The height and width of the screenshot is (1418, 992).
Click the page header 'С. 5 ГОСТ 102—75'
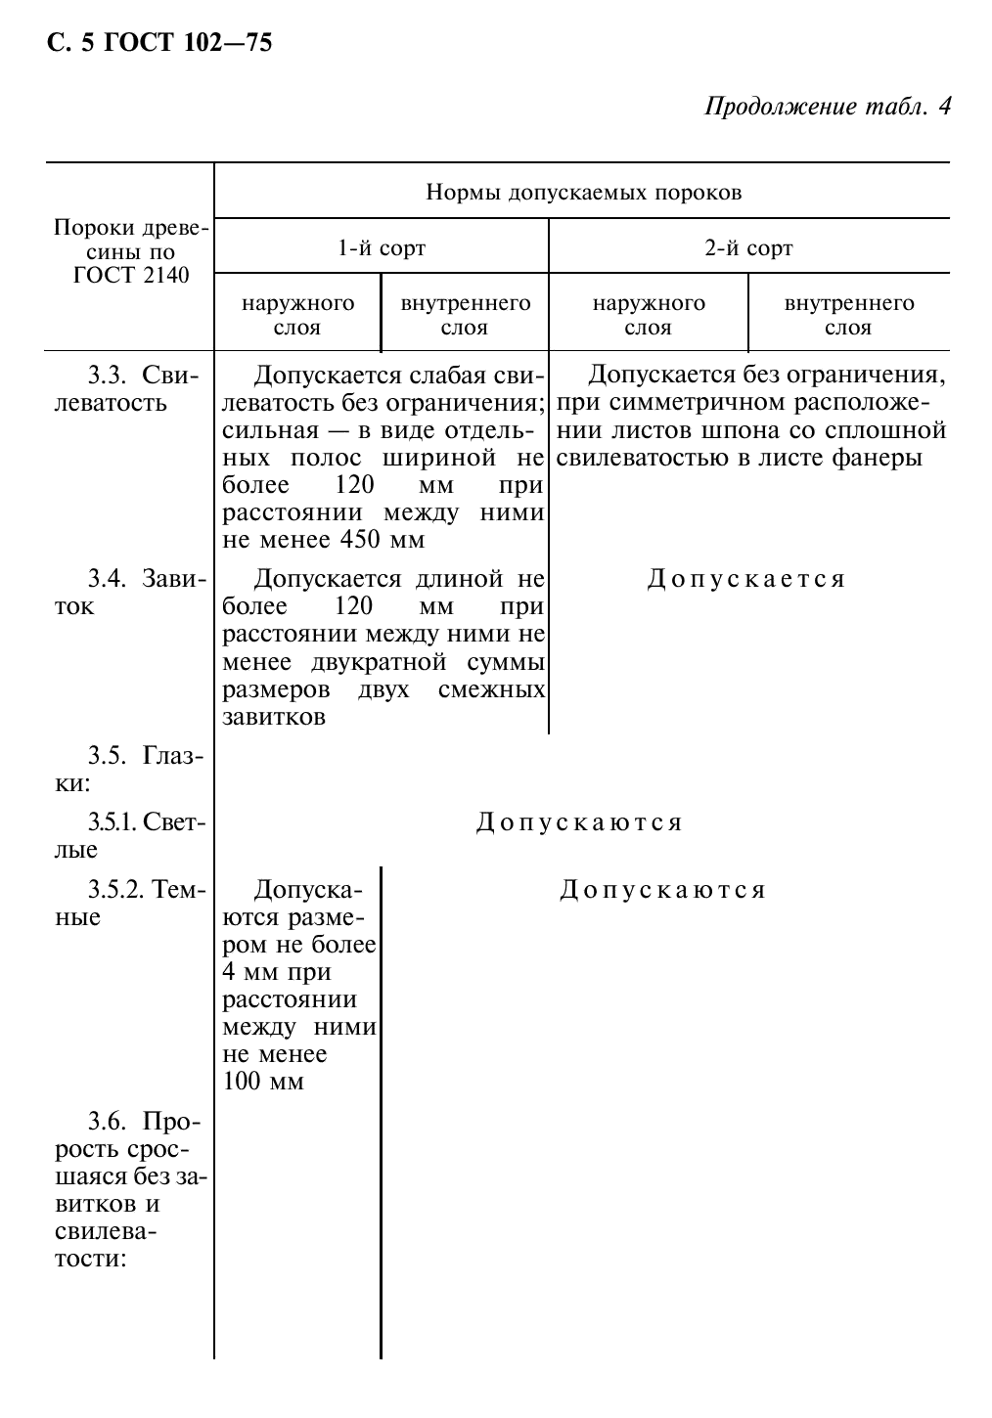(x=158, y=43)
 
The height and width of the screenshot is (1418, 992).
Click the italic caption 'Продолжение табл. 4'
(x=827, y=106)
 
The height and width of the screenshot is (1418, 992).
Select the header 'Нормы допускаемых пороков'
(x=583, y=192)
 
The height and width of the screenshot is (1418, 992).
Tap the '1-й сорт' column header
(x=382, y=247)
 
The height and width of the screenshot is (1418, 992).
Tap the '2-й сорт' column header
(x=748, y=247)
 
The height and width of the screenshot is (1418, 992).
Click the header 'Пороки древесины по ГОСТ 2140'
(x=130, y=252)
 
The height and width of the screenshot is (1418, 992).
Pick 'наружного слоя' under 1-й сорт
(x=297, y=315)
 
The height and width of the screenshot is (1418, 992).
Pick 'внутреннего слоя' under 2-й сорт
(x=848, y=315)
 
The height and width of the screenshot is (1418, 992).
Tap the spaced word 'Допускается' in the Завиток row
(x=745, y=579)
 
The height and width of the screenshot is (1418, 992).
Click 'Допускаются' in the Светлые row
(x=579, y=822)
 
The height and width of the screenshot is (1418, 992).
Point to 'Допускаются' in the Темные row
(x=662, y=890)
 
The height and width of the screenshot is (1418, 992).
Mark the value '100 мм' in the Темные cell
(x=263, y=1082)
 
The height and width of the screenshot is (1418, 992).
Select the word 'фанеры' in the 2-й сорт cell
(x=886, y=458)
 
